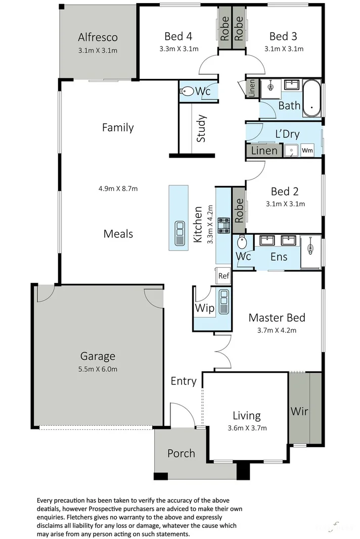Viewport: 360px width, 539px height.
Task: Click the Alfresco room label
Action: (x=98, y=37)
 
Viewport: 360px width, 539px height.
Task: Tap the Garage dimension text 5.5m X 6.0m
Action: (x=98, y=369)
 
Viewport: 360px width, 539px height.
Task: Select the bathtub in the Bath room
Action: (x=312, y=99)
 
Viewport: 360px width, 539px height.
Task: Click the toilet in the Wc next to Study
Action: (x=187, y=92)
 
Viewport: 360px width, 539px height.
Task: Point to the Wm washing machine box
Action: (x=307, y=151)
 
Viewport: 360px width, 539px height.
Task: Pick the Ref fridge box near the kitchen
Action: (x=223, y=276)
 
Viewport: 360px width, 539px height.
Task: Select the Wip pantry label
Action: (x=204, y=308)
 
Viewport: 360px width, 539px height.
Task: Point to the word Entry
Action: (x=183, y=381)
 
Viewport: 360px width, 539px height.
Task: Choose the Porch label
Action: (x=181, y=453)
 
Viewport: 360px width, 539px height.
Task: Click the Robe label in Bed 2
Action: (x=239, y=207)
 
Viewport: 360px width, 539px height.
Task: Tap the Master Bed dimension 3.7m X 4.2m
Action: (x=277, y=330)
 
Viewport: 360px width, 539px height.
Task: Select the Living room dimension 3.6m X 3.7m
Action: (x=247, y=428)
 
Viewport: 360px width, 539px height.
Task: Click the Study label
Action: (x=201, y=129)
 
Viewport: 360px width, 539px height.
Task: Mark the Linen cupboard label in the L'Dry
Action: (x=264, y=151)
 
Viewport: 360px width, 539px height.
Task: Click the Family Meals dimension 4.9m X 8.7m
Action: (x=118, y=188)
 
